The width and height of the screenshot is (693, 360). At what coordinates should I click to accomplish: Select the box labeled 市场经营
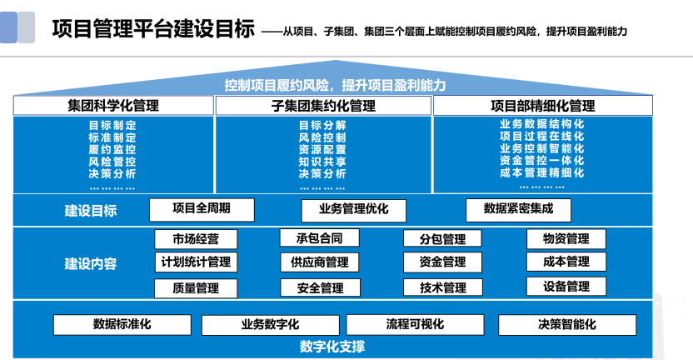pos(197,239)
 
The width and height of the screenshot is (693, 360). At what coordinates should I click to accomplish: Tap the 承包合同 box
pos(320,238)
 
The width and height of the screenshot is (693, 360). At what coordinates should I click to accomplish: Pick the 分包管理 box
pos(442,239)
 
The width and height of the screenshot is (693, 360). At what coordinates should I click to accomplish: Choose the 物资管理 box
pos(566,239)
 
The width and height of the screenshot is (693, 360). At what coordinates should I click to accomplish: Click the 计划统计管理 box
pos(197,262)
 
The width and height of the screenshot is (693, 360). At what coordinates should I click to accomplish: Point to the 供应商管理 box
pos(320,262)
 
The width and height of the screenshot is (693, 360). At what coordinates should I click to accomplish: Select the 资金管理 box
pos(442,262)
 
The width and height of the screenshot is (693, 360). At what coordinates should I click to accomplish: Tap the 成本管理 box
pos(566,262)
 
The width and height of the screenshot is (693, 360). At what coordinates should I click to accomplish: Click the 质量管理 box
pos(197,288)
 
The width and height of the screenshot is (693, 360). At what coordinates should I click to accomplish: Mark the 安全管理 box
pos(320,288)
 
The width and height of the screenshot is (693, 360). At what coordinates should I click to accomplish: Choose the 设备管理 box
pos(566,287)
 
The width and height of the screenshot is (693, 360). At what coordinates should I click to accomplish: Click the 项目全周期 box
pos(201,209)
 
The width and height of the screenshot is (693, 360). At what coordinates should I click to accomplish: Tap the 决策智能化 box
pos(566,324)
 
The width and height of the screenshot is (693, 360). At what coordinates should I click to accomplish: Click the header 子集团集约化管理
pos(323,106)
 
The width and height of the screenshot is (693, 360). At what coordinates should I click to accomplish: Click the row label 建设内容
pos(91,264)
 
